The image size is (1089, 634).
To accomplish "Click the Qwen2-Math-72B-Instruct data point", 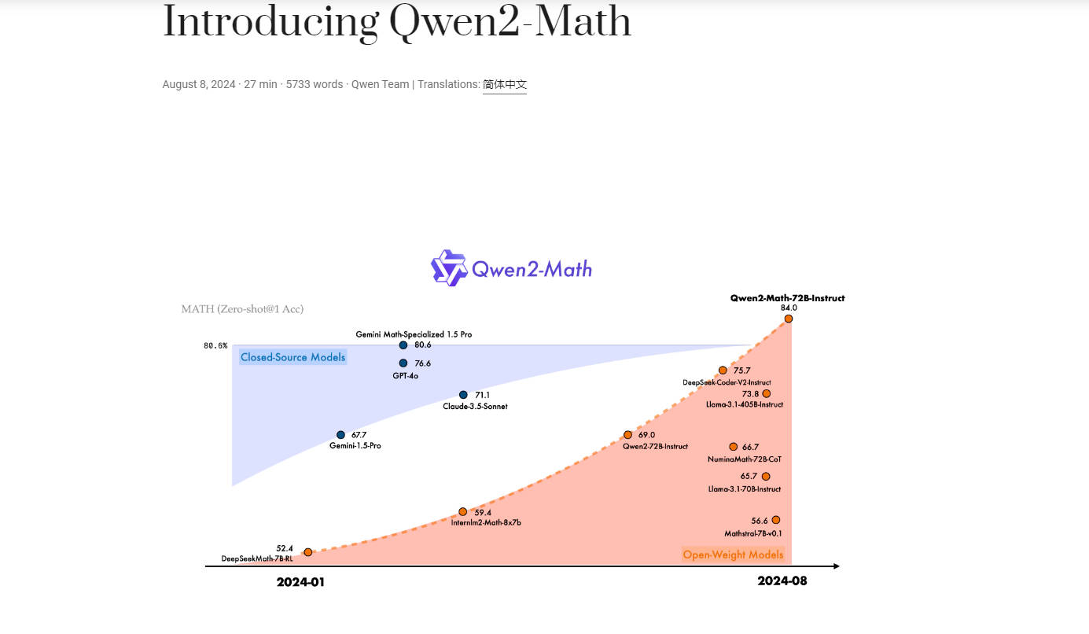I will point(788,319).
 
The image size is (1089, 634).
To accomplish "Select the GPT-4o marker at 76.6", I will point(403,363).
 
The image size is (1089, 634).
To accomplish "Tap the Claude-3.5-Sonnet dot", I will point(463,395).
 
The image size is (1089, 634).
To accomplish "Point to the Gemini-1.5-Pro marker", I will point(340,435).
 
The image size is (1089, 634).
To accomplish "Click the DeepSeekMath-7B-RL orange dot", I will point(307,552).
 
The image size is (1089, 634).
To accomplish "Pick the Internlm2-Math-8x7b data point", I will point(462,512).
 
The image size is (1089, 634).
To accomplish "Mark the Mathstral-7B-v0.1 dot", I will point(775,520).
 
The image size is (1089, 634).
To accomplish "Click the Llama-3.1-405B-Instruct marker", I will point(766,393).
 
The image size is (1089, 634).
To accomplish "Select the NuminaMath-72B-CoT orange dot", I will point(733,447).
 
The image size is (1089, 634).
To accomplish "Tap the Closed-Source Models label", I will point(292,357).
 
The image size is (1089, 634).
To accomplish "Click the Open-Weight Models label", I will point(733,555).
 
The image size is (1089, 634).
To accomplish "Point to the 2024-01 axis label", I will point(300,583).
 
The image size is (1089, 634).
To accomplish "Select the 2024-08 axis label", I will point(782,581).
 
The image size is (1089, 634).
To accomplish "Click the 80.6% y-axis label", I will point(215,345).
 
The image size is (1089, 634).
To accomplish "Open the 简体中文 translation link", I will point(504,84).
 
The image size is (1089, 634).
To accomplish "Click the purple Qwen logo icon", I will point(449,268).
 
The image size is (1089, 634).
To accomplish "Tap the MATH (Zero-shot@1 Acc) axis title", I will point(242,309).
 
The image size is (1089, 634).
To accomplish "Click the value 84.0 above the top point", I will point(789,308).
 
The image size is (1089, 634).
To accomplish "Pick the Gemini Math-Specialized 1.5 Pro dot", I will point(403,345).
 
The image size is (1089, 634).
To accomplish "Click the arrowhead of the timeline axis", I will point(837,566).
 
